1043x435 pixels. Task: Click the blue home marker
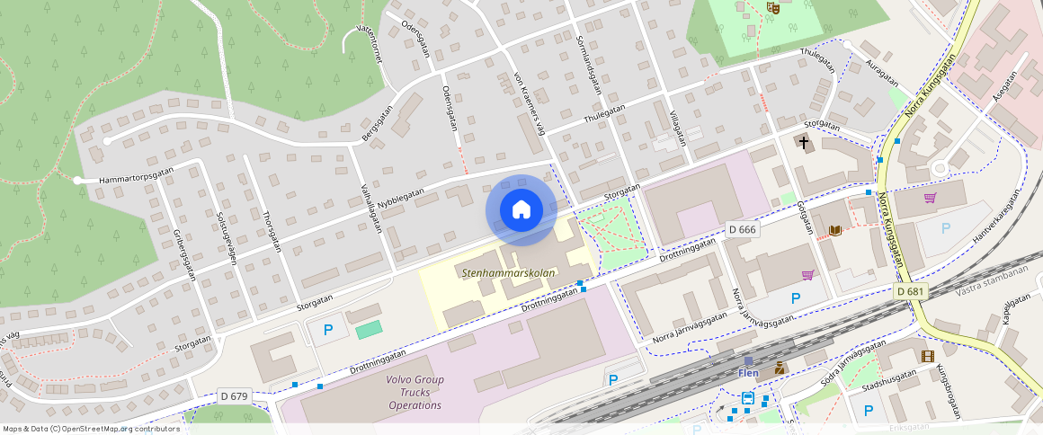coord(521,210)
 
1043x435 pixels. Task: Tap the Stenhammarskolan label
coord(508,272)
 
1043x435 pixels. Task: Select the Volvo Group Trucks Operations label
coord(415,392)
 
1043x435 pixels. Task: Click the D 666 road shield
coord(743,229)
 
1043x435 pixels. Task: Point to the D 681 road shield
coord(911,291)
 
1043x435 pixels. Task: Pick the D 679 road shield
coord(234,395)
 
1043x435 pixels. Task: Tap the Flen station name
coord(748,373)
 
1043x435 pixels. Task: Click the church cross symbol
coord(803,142)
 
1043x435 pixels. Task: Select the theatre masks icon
coord(771,8)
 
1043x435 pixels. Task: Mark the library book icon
coord(835,231)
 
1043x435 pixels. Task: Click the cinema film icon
coord(927,356)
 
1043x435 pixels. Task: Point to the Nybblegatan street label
coord(400,198)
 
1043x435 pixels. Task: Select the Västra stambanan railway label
coord(992,278)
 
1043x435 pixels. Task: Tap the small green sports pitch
coord(369,330)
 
